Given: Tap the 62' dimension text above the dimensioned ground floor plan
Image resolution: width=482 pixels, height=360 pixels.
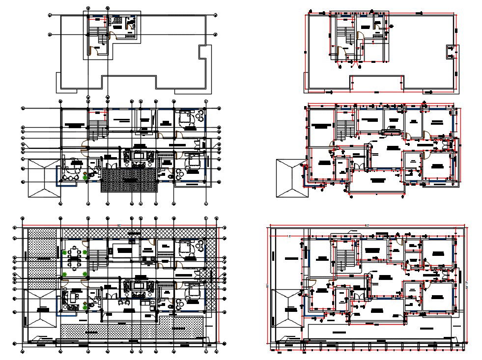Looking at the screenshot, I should point(368,225).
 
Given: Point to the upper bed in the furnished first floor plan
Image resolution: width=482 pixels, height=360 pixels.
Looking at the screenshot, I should point(186,117).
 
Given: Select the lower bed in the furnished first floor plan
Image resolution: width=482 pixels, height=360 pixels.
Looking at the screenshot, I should point(193,160).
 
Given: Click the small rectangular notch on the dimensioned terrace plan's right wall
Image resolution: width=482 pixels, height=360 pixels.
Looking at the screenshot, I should point(451,51).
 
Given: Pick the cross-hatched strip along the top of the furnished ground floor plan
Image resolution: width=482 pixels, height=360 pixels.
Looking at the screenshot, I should point(138,232).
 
